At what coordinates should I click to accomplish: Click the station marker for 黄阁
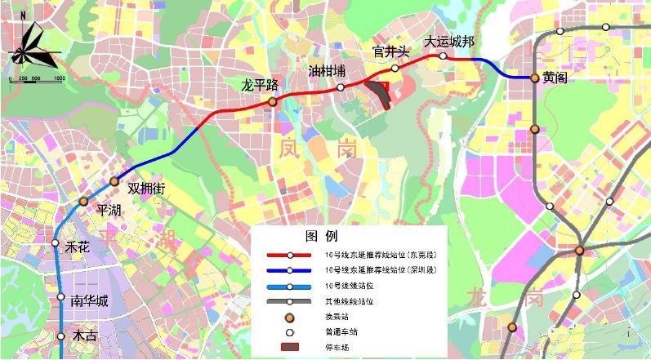535,78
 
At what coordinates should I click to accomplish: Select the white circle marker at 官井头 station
395,68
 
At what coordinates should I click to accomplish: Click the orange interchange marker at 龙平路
273,101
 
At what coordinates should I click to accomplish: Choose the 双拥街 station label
146,189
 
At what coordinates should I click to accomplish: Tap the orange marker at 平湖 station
83,201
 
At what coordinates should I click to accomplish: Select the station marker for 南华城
60,298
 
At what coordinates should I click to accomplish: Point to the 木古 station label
85,336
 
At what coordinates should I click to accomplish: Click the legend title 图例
321,237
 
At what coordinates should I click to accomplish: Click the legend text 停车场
335,348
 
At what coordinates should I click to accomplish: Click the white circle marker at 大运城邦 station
443,56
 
